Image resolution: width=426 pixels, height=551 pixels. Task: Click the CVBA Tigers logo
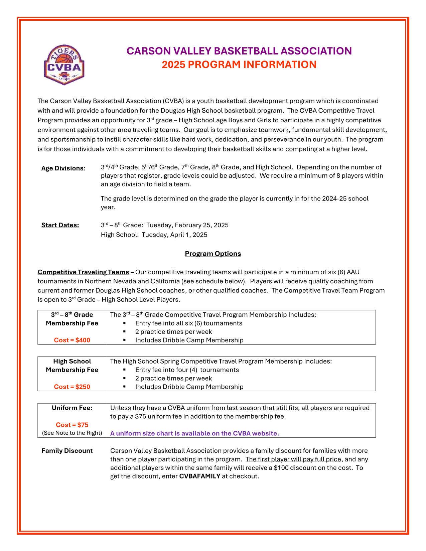point(64,65)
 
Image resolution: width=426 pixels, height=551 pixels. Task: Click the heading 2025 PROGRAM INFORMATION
point(239,64)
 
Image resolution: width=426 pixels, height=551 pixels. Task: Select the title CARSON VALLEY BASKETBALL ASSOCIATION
point(239,51)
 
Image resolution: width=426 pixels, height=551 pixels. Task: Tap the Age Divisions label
point(62,168)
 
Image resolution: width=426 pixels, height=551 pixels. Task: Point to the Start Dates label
point(60,225)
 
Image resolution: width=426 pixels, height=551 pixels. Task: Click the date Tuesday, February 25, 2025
point(187,225)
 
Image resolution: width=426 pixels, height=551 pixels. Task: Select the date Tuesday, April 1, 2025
point(174,235)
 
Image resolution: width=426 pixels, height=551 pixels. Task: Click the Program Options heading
point(213,254)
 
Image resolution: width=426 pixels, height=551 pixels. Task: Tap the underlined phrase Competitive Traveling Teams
point(83,272)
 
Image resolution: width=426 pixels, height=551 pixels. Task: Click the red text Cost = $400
point(72,340)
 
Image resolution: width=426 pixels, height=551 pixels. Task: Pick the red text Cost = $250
point(72,387)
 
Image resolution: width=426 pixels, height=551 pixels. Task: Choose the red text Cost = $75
point(72,425)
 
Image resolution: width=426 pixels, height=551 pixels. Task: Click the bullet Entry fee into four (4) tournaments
point(187,370)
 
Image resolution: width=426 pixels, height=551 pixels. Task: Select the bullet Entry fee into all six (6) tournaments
point(188,323)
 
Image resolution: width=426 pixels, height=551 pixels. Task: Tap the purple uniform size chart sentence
point(194,433)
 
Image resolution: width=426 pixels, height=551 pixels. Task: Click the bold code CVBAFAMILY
point(200,476)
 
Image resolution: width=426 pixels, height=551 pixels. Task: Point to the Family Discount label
point(67,451)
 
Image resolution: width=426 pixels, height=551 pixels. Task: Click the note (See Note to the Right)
point(72,433)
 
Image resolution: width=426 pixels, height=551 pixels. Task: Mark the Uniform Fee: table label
point(72,408)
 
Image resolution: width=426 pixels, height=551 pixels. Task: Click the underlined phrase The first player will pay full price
point(293,459)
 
